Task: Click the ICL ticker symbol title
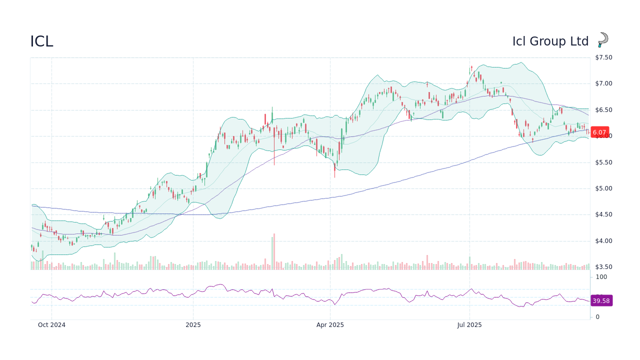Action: [x=41, y=41]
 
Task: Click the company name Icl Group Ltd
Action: [x=550, y=41]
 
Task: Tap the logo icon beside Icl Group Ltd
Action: [x=603, y=40]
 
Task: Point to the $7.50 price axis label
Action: [x=603, y=57]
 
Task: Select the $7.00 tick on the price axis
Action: [x=603, y=83]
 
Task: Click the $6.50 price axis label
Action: [x=603, y=110]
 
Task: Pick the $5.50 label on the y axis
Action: [x=603, y=162]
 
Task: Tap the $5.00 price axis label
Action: [x=603, y=188]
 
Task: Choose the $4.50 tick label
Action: [x=603, y=214]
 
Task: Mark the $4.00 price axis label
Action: [x=603, y=241]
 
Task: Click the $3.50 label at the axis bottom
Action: [x=603, y=267]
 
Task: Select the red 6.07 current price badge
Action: [x=599, y=132]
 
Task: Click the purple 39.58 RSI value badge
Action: [x=601, y=300]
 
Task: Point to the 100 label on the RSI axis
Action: [x=601, y=277]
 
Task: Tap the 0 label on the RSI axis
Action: [x=597, y=317]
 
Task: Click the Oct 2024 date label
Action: [x=51, y=325]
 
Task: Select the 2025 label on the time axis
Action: [x=193, y=325]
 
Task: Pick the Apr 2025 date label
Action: [x=330, y=325]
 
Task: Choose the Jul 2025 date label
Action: [x=469, y=325]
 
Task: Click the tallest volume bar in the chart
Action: [x=274, y=252]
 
